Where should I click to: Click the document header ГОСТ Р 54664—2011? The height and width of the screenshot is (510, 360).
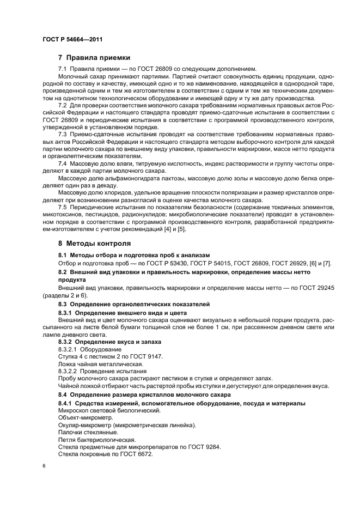pos(72,39)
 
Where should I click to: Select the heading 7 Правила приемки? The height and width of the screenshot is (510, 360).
pos(93,57)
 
